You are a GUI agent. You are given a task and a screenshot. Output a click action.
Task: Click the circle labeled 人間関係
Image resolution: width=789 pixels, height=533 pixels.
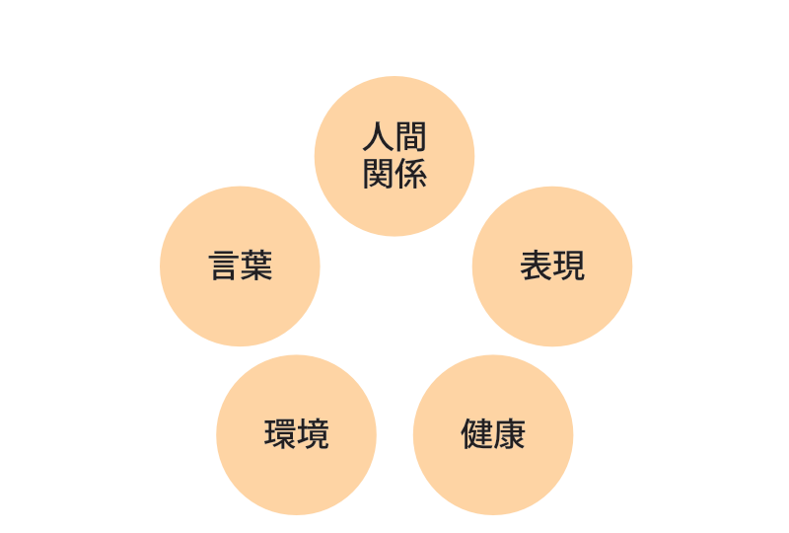click(394, 156)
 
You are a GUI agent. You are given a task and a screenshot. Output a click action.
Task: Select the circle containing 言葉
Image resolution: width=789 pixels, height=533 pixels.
click(240, 266)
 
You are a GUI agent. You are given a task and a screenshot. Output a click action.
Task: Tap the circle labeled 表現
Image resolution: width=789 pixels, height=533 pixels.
click(552, 266)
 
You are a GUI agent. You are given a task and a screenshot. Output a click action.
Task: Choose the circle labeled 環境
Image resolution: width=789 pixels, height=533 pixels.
click(297, 434)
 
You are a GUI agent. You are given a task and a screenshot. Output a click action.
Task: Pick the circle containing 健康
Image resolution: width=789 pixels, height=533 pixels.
click(493, 434)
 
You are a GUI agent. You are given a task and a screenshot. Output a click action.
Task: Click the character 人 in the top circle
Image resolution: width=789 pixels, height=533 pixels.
click(379, 137)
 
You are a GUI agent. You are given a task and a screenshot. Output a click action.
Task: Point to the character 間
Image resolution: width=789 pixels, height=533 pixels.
click(411, 137)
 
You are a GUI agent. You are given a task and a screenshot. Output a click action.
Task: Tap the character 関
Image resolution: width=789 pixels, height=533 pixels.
click(379, 175)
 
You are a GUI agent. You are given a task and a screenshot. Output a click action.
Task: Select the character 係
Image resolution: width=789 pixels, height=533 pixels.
click(411, 175)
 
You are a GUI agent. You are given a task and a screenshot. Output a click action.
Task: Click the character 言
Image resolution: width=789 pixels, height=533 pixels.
click(224, 266)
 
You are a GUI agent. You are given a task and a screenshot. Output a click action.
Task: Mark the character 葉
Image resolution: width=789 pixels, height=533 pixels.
click(256, 266)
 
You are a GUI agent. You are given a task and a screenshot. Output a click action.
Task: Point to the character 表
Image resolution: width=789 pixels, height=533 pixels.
click(536, 266)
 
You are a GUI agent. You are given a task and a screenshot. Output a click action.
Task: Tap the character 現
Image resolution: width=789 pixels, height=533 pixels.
click(569, 266)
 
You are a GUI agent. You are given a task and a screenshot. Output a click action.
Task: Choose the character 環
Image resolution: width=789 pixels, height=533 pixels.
click(280, 434)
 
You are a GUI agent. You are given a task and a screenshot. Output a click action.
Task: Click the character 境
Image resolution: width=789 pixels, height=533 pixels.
click(313, 434)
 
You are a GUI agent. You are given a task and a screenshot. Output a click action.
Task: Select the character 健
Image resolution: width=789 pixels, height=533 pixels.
click(477, 434)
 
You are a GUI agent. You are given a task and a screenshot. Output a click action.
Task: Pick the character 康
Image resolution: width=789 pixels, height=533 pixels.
click(510, 434)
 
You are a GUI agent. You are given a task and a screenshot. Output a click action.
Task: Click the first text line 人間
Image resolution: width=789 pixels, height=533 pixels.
click(394, 137)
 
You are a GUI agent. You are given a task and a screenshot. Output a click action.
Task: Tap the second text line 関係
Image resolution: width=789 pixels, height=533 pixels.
click(395, 175)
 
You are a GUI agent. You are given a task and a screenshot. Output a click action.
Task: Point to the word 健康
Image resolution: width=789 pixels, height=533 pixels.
click(493, 434)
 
